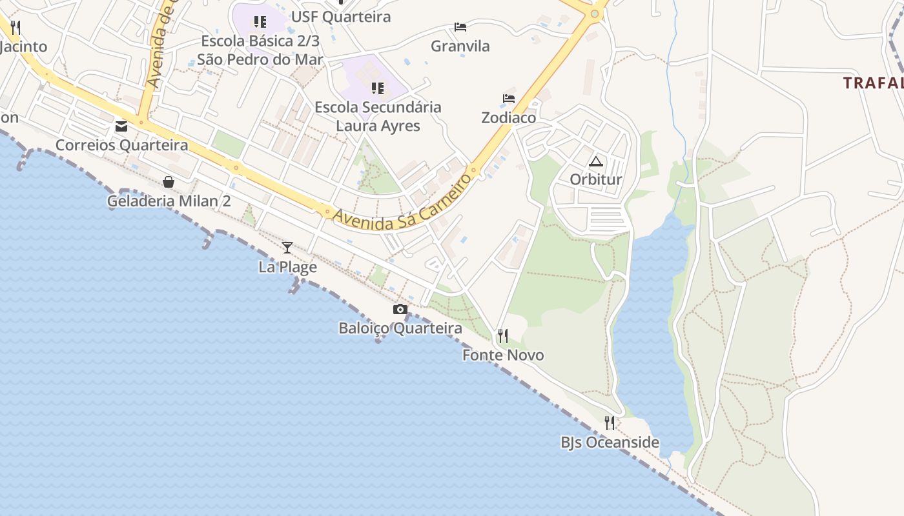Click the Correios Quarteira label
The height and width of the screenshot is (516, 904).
coord(121,145)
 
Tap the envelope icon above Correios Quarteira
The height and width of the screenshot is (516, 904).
coord(121,126)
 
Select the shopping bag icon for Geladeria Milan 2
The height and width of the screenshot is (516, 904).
coord(169,182)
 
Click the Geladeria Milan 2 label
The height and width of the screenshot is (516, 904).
coord(169,201)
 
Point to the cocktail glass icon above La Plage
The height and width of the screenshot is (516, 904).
coord(287,247)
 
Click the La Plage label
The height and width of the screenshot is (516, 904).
coord(287,266)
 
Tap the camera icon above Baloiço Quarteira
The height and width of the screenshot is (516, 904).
coord(400,310)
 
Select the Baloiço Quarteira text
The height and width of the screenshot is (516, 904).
coord(400,328)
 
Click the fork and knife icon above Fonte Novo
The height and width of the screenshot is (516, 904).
coord(503,336)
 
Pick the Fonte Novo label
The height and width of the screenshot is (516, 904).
coord(503,355)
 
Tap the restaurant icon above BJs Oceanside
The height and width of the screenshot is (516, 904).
coord(610,423)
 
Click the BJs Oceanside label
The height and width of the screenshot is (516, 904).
coord(610,442)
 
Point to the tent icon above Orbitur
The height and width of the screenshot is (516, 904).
coord(595,161)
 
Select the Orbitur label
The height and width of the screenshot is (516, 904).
coord(595,179)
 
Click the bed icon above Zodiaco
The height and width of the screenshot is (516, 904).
coord(509,99)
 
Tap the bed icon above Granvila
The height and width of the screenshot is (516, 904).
coord(460,27)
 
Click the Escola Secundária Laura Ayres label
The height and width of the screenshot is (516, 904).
coord(378,116)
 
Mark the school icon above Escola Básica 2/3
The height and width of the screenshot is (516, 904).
coord(260,22)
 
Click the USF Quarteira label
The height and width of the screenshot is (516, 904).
coord(341,17)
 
